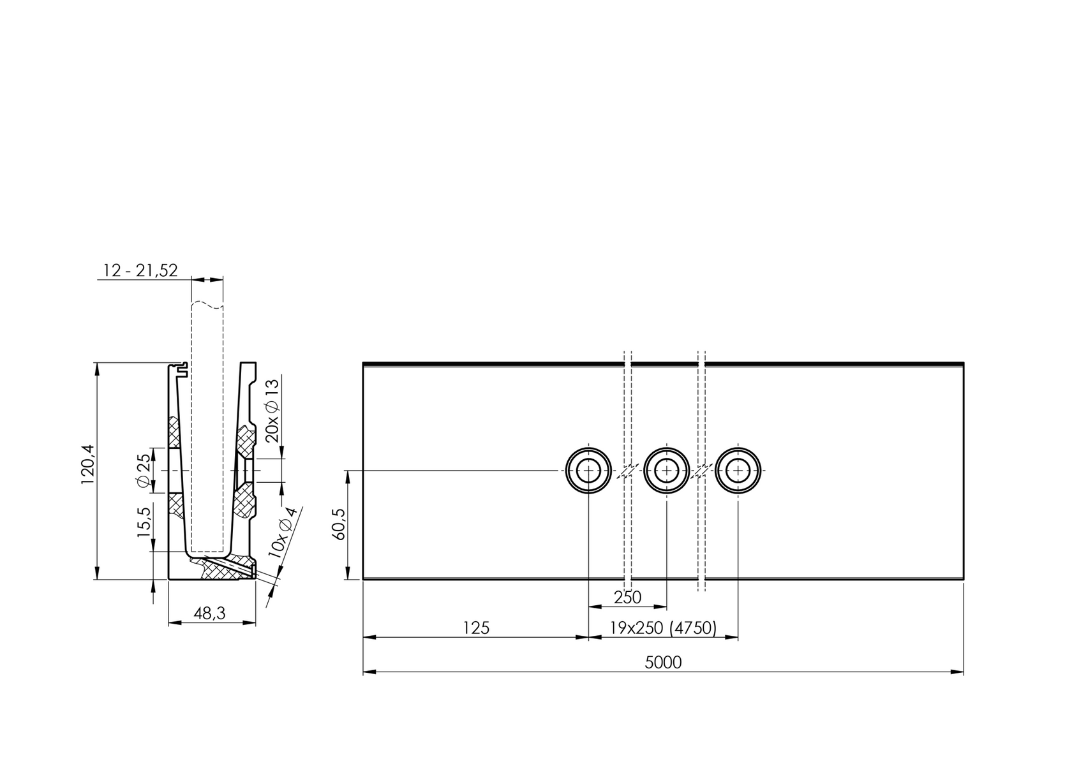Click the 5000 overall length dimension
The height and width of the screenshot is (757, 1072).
click(x=663, y=663)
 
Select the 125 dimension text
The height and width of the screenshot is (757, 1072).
click(x=476, y=628)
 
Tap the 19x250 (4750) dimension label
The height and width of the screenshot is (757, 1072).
click(x=663, y=628)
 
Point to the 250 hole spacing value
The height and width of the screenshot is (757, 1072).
click(x=627, y=598)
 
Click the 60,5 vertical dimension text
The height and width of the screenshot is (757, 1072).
click(x=339, y=525)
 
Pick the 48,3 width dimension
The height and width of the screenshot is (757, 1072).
click(x=209, y=614)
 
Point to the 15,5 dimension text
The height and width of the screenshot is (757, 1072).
click(x=144, y=522)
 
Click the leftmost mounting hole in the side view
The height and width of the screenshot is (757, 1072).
click(x=588, y=471)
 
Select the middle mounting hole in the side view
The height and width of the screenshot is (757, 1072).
click(x=667, y=471)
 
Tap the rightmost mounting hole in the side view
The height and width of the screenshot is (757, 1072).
click(x=738, y=471)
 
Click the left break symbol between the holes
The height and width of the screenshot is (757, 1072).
click(x=627, y=471)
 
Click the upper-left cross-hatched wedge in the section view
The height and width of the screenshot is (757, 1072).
click(x=174, y=432)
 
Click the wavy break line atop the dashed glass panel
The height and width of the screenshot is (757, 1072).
click(x=207, y=304)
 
